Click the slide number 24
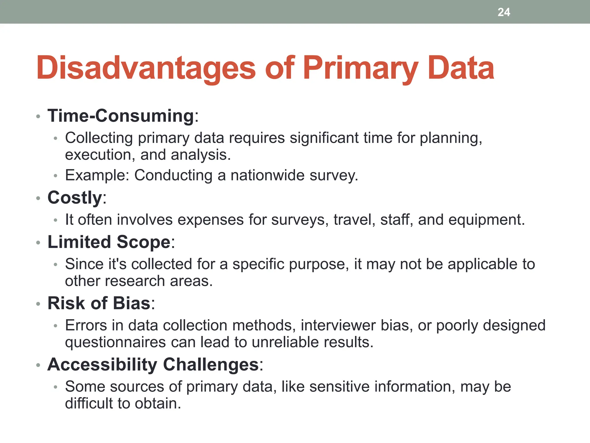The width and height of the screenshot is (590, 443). pos(504,12)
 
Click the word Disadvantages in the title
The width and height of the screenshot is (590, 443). pos(146,68)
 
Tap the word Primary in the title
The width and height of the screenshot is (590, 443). pos(360,68)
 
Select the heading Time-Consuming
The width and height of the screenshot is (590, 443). pos(121,116)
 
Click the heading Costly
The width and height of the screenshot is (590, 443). pos(75,198)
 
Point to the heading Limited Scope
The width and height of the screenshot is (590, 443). pos(109,242)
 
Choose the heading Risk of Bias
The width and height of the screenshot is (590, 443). pos(99,303)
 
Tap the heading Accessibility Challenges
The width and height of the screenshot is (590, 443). pos(153,365)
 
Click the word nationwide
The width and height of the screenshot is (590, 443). pos(267,175)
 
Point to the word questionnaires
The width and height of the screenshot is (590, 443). pos(115,342)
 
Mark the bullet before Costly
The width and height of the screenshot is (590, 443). pos(38,198)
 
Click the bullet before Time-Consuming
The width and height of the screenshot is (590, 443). pos(38,117)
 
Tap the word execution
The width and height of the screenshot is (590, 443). pos(97,155)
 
